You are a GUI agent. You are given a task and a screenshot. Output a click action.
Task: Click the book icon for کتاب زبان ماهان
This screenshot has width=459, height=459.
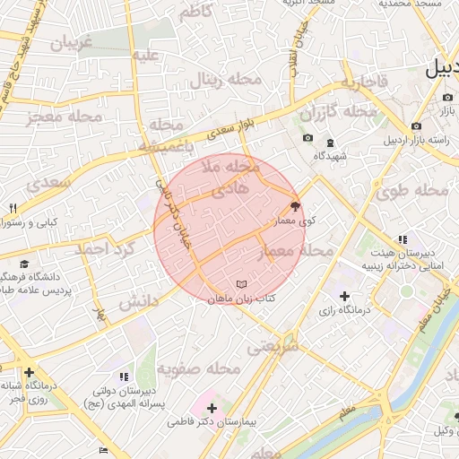click(x=240, y=284)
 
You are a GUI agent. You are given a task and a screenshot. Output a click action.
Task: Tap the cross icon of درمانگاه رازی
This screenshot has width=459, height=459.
click(x=345, y=296)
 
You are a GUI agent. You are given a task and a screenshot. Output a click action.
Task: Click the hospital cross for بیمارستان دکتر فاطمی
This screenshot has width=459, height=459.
click(x=212, y=408)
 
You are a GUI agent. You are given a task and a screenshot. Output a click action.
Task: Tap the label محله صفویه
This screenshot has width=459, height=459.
click(x=199, y=368)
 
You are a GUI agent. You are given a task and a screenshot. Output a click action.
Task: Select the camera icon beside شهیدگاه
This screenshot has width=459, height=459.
click(x=307, y=138)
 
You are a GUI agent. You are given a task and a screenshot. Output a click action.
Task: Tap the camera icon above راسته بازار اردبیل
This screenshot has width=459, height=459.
click(x=416, y=126)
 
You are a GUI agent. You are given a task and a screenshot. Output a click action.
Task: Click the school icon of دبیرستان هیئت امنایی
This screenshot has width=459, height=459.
click(x=403, y=239)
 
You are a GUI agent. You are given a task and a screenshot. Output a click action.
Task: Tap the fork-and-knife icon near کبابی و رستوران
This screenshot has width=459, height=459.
click(x=13, y=208)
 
